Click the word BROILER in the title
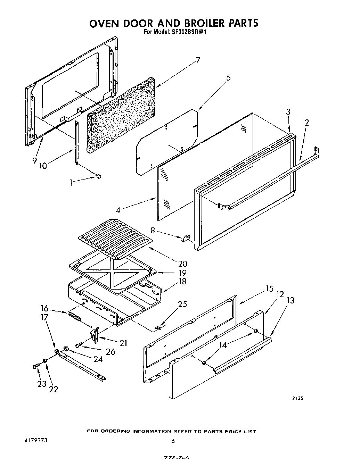[202, 23]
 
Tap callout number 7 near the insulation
[198, 60]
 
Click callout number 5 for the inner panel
[228, 78]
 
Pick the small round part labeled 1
[99, 177]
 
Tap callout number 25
[182, 304]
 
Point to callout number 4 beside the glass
[118, 210]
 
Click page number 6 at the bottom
[173, 441]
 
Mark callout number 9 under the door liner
[34, 160]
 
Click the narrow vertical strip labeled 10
[76, 142]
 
